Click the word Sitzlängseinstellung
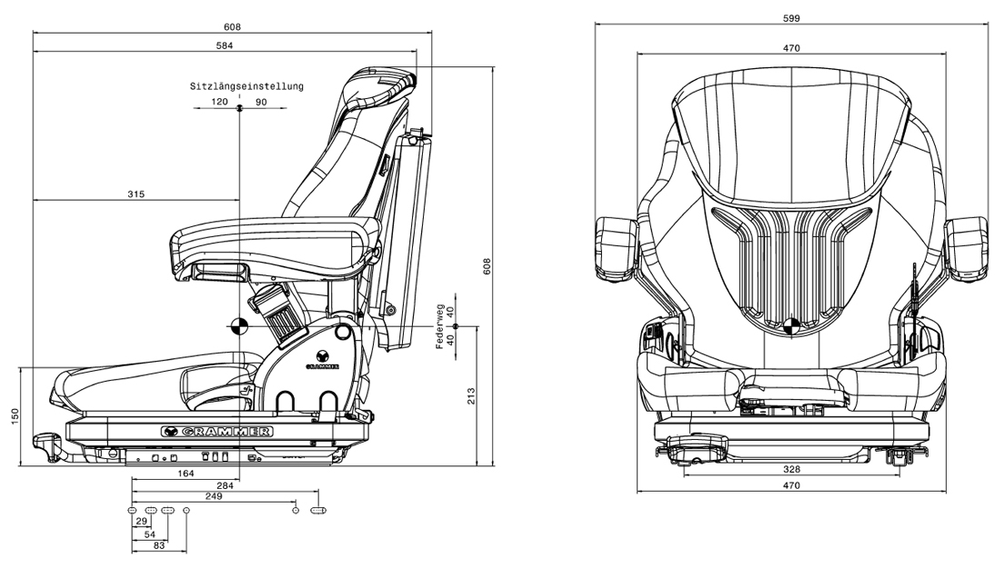[246, 86]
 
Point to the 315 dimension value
[136, 194]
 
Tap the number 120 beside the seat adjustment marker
[219, 102]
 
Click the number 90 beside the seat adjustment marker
[261, 102]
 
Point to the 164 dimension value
[186, 473]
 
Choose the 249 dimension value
[214, 497]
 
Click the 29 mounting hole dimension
[141, 522]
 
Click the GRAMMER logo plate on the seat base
[216, 431]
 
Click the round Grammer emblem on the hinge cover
[322, 355]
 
